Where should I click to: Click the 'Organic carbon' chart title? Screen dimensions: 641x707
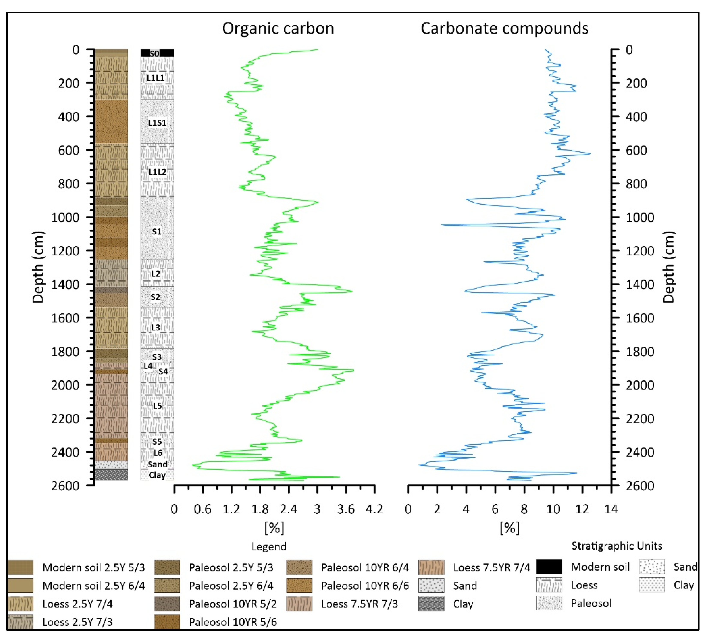[278, 28]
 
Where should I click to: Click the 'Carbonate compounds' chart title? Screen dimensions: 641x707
[504, 28]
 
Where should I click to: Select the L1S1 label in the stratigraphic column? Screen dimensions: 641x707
[157, 123]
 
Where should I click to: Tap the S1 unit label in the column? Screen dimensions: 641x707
[156, 231]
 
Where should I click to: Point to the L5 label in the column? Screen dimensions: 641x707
[157, 406]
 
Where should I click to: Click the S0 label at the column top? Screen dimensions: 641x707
[155, 53]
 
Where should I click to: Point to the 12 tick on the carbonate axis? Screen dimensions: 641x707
[582, 509]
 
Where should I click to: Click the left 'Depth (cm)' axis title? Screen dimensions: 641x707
[38, 267]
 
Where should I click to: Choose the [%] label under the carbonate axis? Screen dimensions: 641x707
[510, 527]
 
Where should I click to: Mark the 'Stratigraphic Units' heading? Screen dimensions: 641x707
[617, 546]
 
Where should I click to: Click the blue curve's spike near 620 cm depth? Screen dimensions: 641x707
[590, 153]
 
